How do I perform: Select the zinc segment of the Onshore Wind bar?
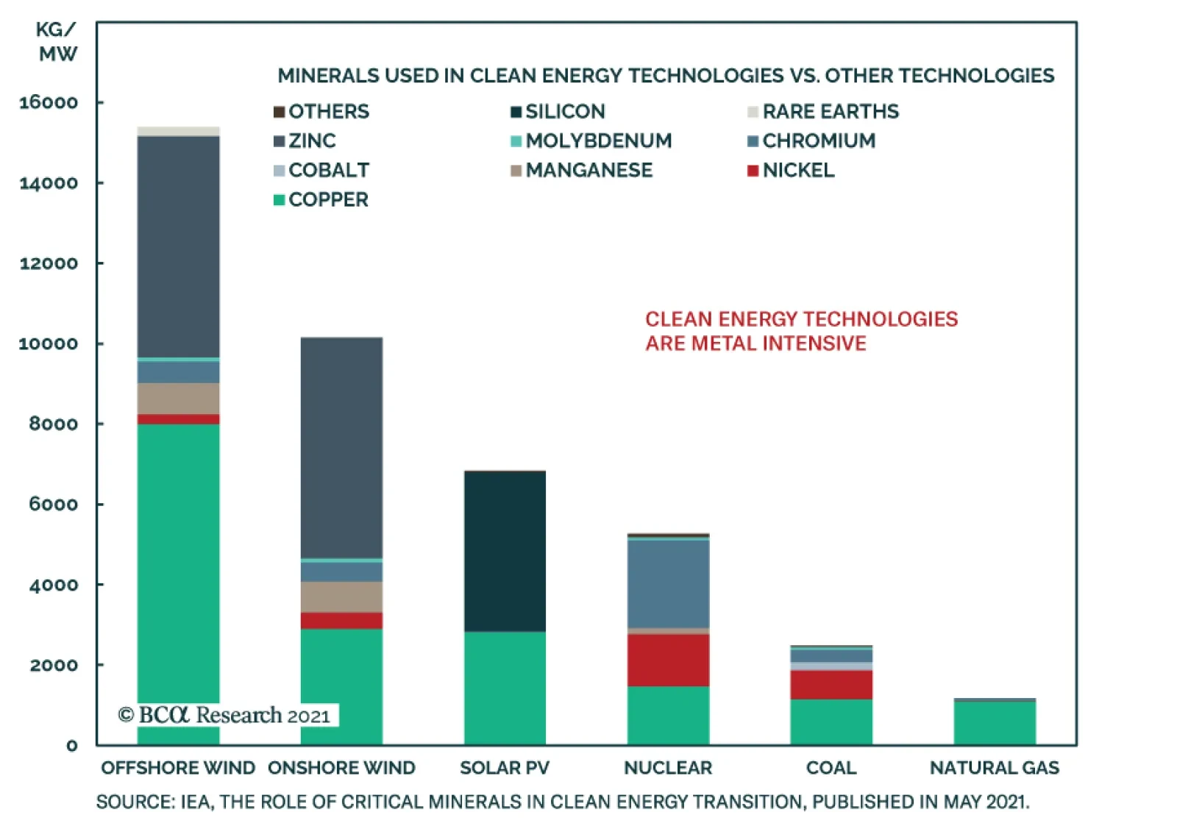(341, 448)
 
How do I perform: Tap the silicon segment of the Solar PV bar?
(505, 552)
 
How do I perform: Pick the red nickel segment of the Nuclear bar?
(669, 661)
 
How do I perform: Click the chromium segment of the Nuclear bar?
(669, 584)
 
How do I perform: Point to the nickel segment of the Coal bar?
(831, 685)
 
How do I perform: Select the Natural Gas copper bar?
(995, 723)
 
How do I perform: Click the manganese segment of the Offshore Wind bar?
(178, 399)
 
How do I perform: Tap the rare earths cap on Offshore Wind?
(178, 132)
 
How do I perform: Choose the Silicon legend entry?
(558, 111)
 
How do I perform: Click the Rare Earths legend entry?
(823, 111)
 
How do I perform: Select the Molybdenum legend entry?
(591, 140)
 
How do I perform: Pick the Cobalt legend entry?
(321, 170)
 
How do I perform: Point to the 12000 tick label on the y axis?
(49, 263)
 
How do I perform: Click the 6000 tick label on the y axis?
(53, 505)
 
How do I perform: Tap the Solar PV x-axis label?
(505, 768)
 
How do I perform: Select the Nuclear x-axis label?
(669, 768)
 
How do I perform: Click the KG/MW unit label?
(57, 42)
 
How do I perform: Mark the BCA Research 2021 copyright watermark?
(224, 716)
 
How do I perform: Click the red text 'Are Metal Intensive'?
(756, 344)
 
